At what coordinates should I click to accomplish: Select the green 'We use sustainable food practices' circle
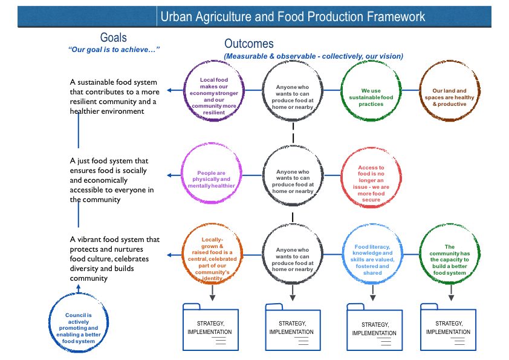pyautogui.click(x=342, y=91)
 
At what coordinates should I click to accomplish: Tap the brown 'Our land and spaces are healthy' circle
pyautogui.click(x=421, y=91)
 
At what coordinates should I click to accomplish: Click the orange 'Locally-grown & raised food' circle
pyautogui.click(x=183, y=254)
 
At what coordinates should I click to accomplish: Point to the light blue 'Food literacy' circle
pyautogui.click(x=344, y=254)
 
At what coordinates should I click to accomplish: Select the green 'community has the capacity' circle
pyautogui.click(x=421, y=254)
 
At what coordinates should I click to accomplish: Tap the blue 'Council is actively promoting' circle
pyautogui.click(x=50, y=323)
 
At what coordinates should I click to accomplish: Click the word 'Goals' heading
pyautogui.click(x=113, y=38)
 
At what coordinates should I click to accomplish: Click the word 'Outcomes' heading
pyautogui.click(x=249, y=44)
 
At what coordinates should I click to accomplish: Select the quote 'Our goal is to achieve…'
pyautogui.click(x=114, y=50)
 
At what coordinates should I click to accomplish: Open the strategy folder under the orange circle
pyautogui.click(x=211, y=327)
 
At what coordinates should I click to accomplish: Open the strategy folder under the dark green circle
pyautogui.click(x=449, y=327)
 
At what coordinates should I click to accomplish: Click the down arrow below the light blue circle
pyautogui.click(x=372, y=293)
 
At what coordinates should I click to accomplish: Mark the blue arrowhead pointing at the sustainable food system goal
pyautogui.click(x=169, y=90)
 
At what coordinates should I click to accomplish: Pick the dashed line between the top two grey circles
pyautogui.click(x=293, y=133)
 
